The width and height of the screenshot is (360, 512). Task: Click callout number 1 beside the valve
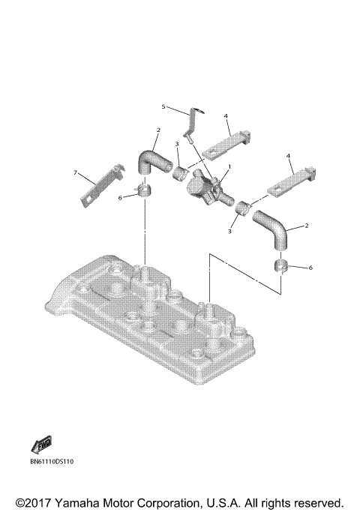[229, 165]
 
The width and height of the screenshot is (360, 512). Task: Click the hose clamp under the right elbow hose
[283, 268]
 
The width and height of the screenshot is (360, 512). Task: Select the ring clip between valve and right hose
[242, 208]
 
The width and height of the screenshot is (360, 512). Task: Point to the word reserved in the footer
[316, 502]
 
